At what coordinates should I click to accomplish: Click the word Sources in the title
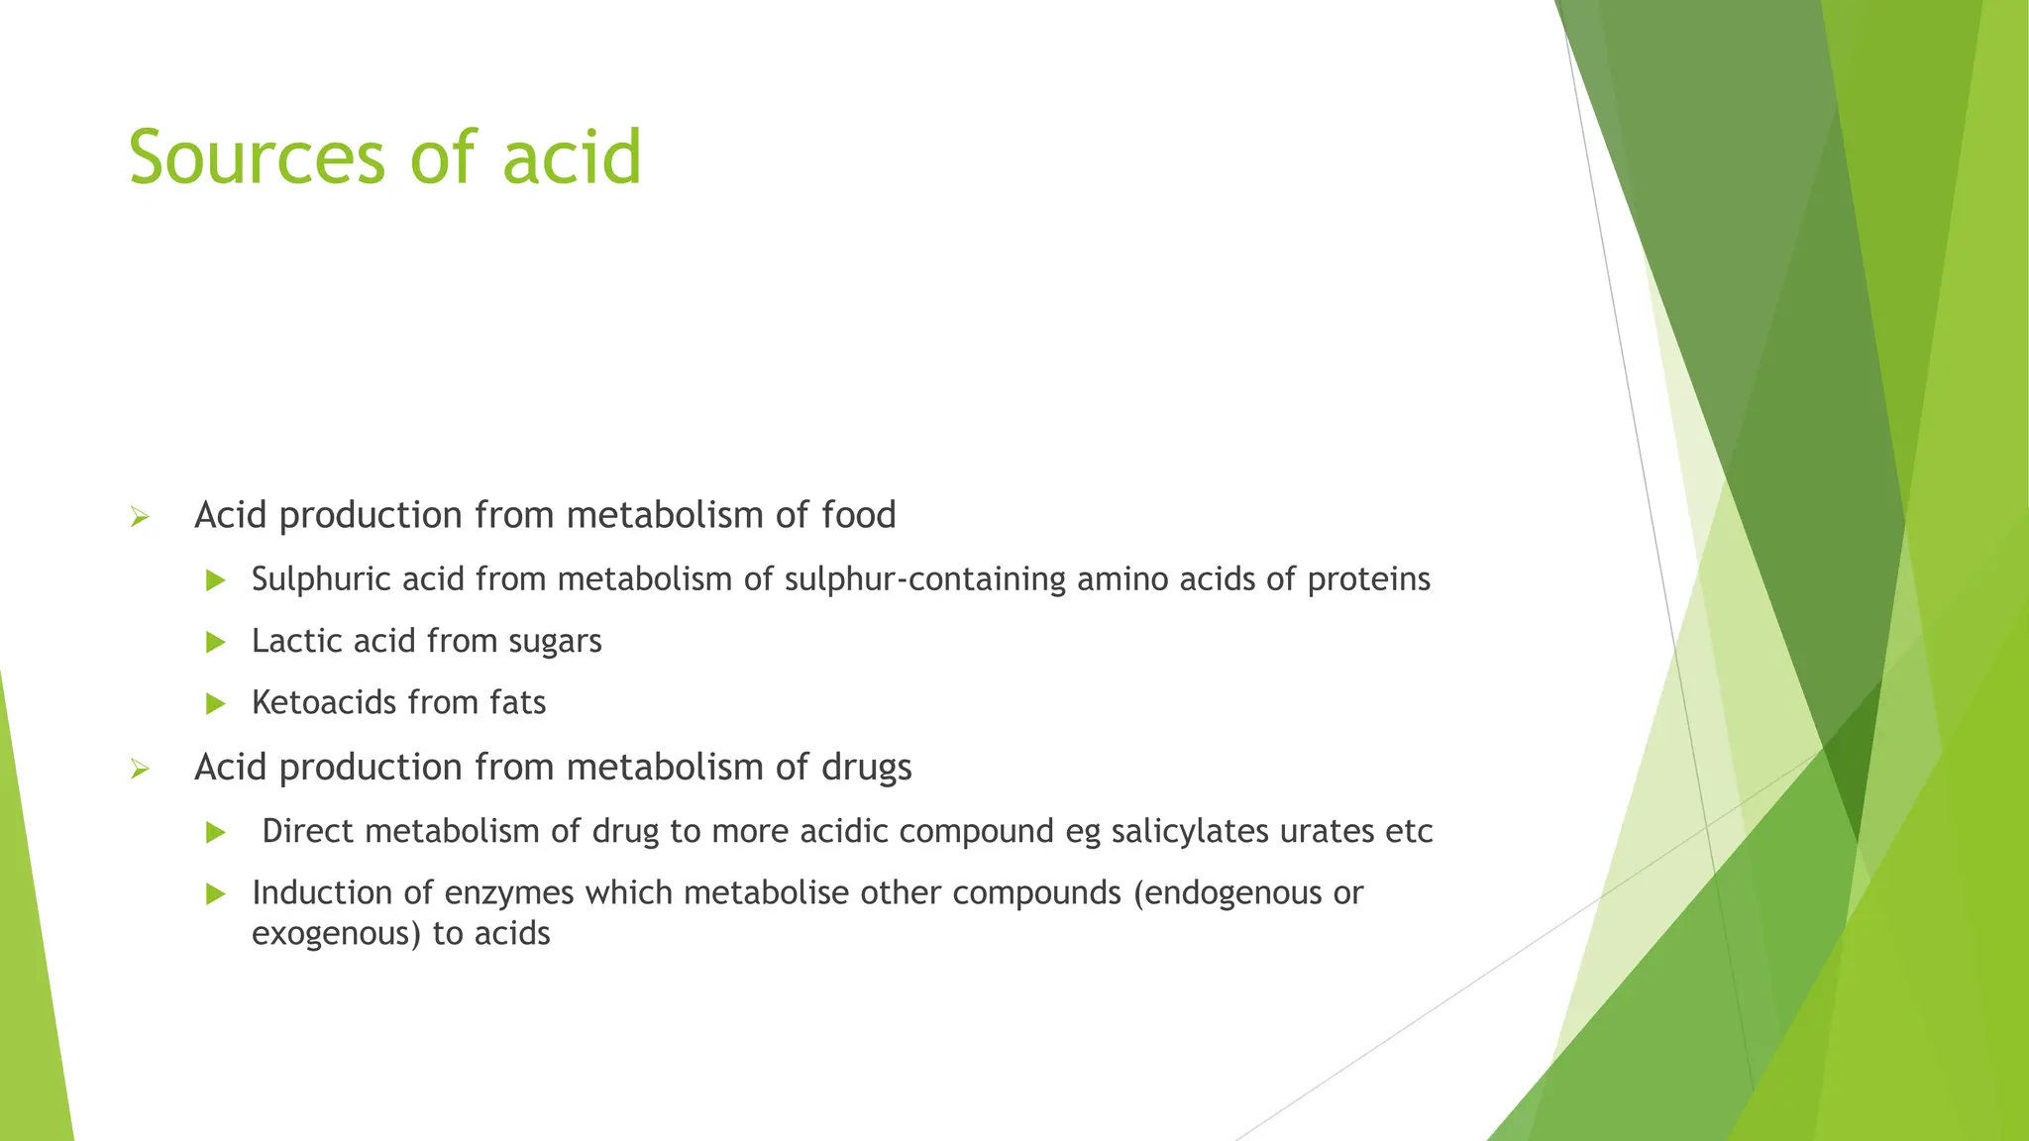click(x=257, y=158)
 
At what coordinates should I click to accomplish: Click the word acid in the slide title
click(x=572, y=158)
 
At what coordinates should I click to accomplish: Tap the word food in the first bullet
click(x=858, y=515)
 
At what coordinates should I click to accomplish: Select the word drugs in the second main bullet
click(x=866, y=769)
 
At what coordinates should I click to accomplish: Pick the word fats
click(x=517, y=702)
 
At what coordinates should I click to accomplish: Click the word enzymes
click(x=508, y=894)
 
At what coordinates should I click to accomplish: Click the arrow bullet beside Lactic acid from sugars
click(x=215, y=642)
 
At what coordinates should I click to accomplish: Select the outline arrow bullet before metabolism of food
click(x=140, y=516)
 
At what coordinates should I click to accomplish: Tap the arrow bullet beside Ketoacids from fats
click(x=215, y=704)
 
